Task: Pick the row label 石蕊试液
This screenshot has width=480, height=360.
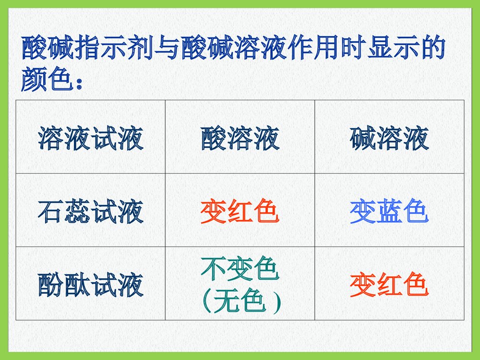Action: point(91,212)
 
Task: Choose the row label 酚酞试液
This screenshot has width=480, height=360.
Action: point(91,285)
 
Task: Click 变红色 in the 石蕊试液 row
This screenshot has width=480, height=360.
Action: point(240,212)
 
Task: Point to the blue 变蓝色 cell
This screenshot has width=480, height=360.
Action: point(389,212)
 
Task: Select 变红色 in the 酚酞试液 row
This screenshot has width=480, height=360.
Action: point(389,285)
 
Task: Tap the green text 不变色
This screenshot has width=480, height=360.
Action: point(240,270)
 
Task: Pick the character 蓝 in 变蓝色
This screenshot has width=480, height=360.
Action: point(389,212)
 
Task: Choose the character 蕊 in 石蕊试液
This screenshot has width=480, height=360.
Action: point(77,212)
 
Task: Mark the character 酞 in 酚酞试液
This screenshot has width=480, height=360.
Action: point(77,285)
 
